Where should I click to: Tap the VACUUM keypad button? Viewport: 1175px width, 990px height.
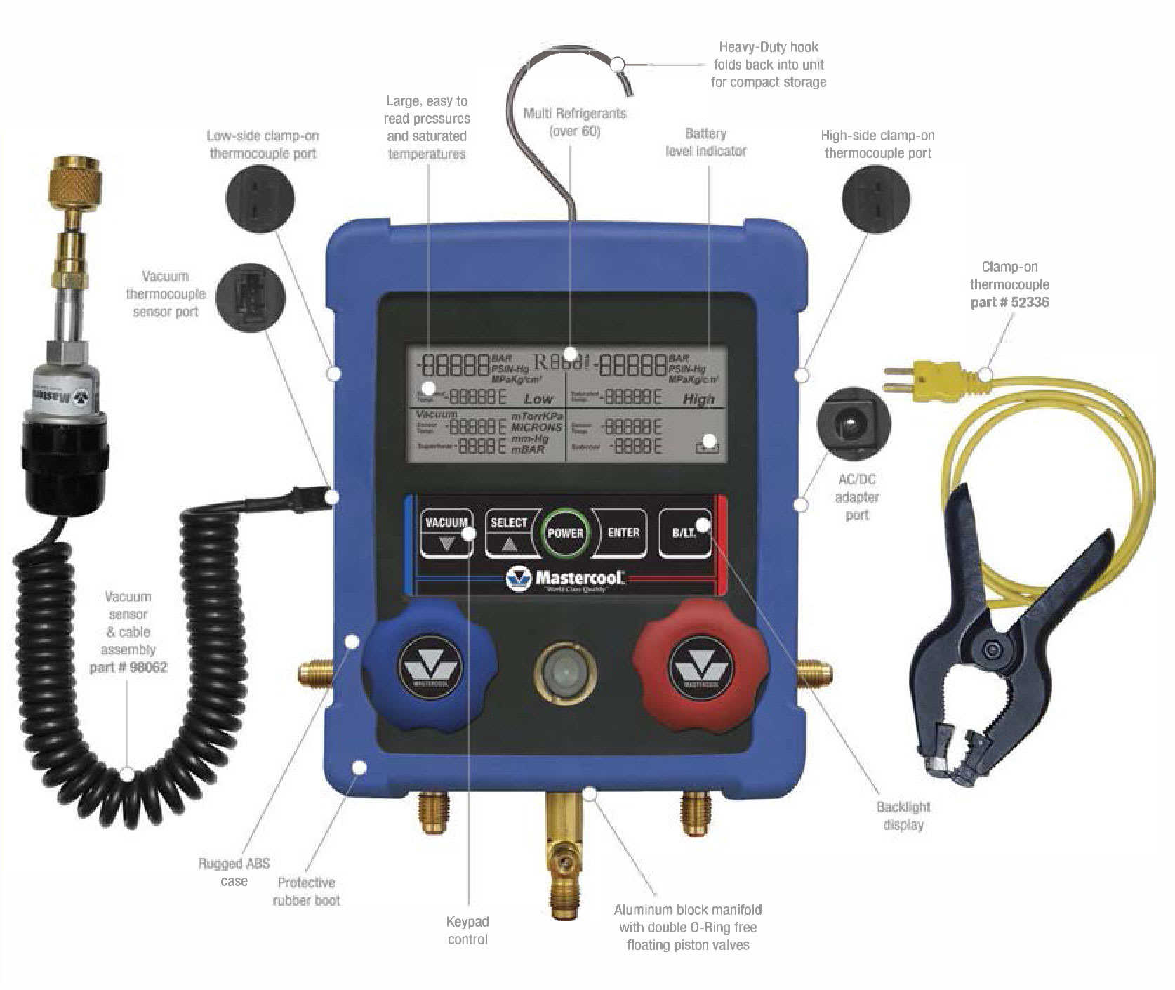click(446, 533)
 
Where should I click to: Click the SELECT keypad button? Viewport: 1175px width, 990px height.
click(509, 533)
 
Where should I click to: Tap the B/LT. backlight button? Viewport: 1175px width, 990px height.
click(684, 533)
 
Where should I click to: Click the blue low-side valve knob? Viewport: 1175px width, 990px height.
click(428, 667)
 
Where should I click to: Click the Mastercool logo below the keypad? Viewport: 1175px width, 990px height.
click(566, 579)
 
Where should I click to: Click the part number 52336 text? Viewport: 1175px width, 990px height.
click(1009, 303)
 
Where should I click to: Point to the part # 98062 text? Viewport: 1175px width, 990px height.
click(128, 667)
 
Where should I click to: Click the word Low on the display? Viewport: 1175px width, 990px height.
click(538, 399)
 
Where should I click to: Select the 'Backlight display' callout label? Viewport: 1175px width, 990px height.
click(903, 816)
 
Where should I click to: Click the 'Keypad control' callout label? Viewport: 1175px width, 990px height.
click(467, 930)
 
